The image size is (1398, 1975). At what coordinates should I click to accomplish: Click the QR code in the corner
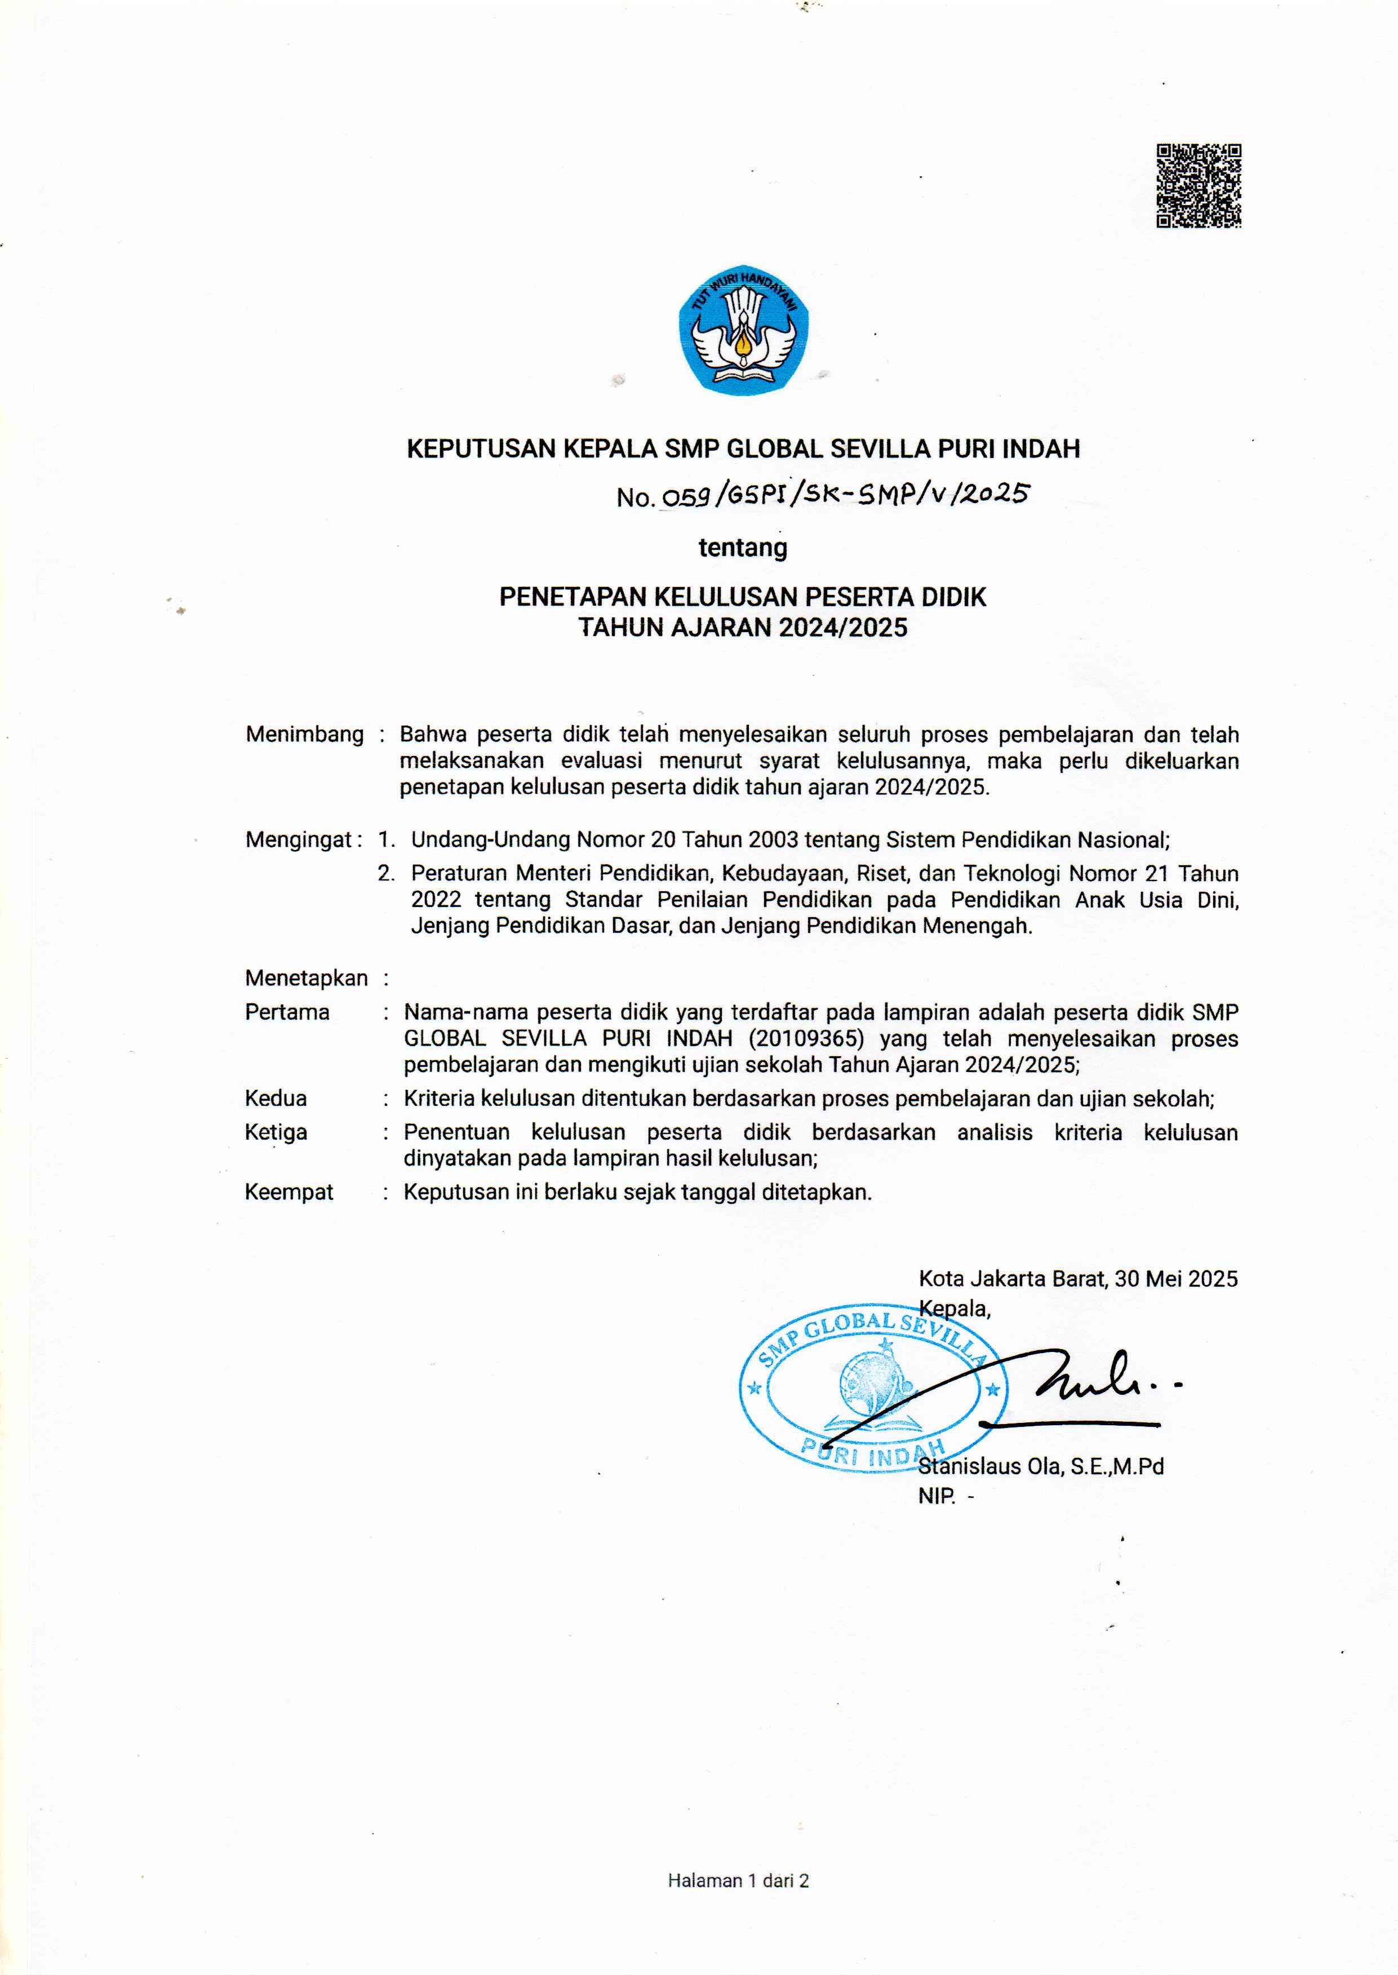[x=1197, y=186]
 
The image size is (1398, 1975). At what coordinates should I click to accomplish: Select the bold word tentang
[x=742, y=548]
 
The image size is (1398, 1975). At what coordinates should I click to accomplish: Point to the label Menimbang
[x=305, y=734]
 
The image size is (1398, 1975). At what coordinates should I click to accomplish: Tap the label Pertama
[x=287, y=1012]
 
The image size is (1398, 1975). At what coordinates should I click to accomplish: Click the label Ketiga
[x=276, y=1132]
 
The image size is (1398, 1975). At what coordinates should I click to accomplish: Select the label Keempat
[x=289, y=1192]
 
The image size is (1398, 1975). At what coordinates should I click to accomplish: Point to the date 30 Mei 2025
[x=1176, y=1279]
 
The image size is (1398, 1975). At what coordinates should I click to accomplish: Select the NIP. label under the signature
[x=937, y=1497]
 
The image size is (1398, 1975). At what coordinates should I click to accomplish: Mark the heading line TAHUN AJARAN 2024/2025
[x=743, y=628]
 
